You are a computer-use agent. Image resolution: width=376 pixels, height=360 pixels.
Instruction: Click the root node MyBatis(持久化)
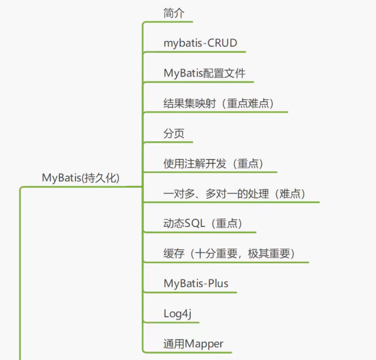click(x=81, y=178)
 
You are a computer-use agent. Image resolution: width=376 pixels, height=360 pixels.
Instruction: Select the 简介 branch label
click(x=174, y=13)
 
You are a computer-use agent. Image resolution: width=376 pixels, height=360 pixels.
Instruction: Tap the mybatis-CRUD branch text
click(x=200, y=43)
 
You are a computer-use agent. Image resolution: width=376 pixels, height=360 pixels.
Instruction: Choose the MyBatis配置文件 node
click(x=204, y=73)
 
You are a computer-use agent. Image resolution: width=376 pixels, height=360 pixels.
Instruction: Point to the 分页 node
click(x=174, y=134)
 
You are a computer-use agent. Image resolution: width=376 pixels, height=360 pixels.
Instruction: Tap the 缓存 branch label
click(x=174, y=254)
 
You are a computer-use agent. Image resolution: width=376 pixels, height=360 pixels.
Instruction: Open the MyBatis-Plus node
click(x=196, y=283)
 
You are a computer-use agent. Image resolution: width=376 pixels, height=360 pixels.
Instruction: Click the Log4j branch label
click(x=178, y=314)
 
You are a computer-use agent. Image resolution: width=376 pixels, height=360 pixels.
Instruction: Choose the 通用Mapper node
click(x=193, y=344)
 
